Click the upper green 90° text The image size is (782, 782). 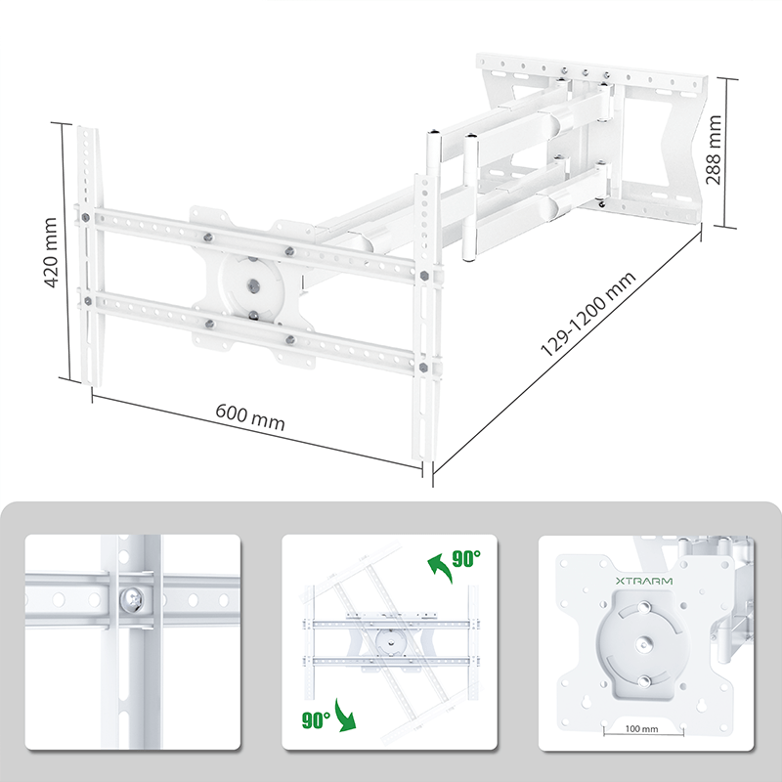coord(466,559)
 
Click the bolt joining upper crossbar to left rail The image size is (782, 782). coord(87,216)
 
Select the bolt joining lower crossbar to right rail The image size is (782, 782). coord(422,368)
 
